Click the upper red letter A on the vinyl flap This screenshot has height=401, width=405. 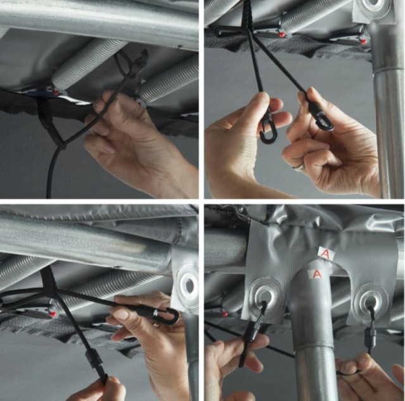(326, 254)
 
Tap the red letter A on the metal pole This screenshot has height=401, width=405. (316, 273)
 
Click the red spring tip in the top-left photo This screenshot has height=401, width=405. (55, 93)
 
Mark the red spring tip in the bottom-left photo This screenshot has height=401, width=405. (53, 314)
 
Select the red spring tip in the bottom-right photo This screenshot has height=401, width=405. (225, 314)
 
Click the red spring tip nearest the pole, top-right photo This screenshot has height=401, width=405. (363, 40)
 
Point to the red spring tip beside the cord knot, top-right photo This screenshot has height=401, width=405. (281, 34)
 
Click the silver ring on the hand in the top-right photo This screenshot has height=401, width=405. (299, 168)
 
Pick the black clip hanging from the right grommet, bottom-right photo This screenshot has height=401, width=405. (370, 336)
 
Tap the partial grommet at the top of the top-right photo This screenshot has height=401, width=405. (375, 8)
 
